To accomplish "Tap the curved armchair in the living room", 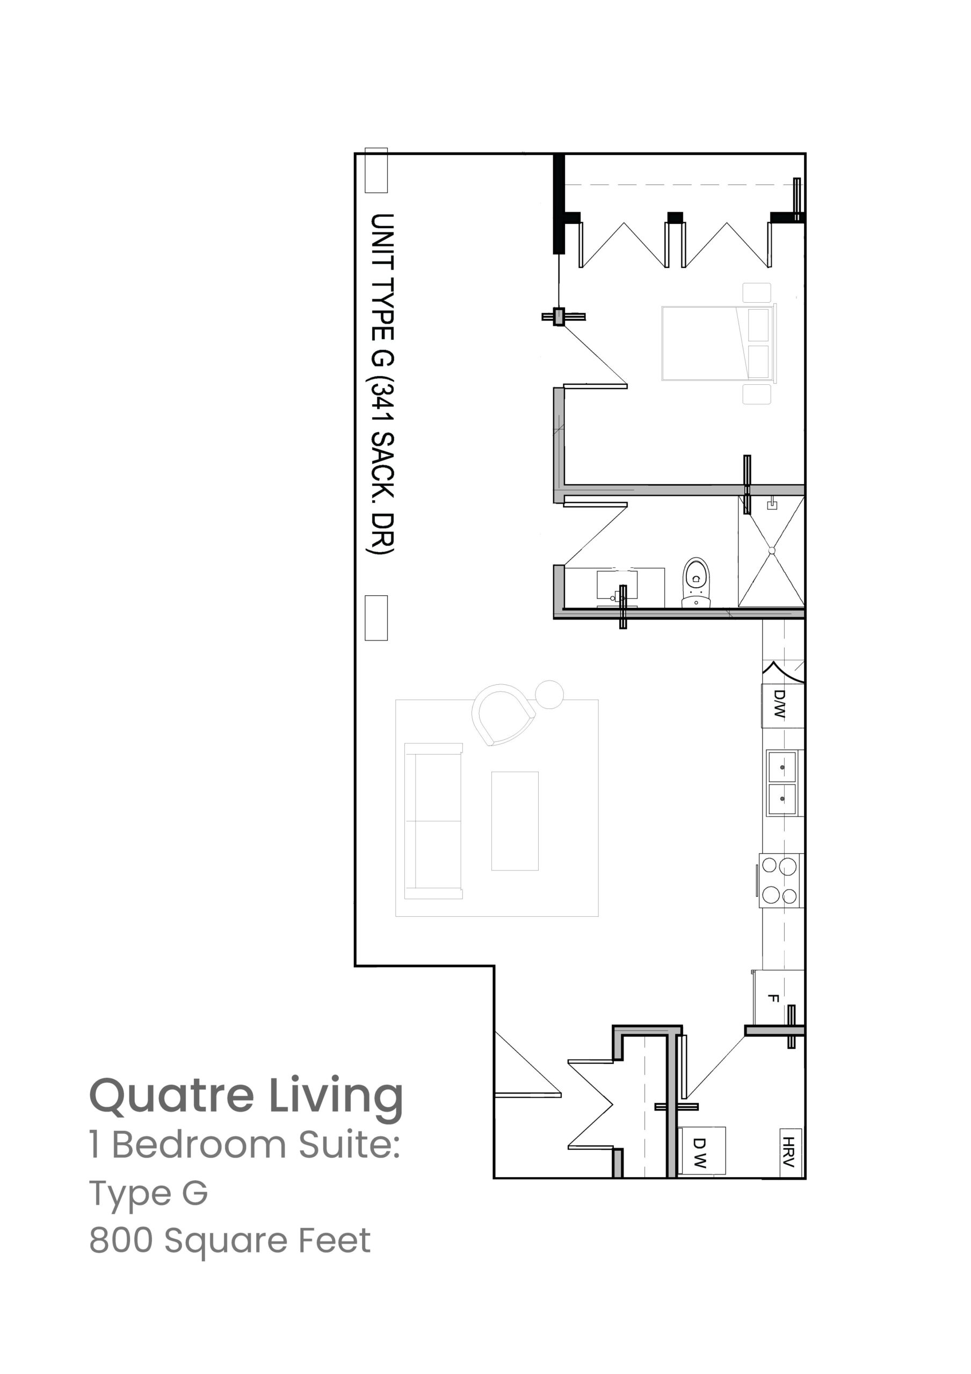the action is [503, 714].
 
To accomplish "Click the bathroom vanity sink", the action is [617, 587].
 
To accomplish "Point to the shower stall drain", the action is [772, 551].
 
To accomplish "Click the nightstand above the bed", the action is [757, 293].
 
